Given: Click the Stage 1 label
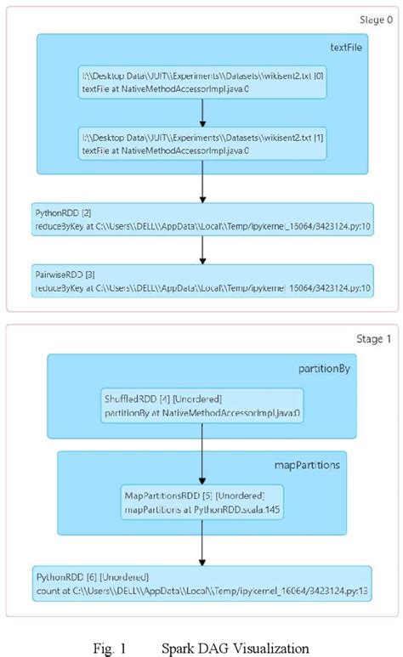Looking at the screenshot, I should click(x=373, y=339).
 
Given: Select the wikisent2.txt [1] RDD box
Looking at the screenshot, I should click(x=202, y=143).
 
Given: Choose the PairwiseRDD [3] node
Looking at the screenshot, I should click(x=202, y=281).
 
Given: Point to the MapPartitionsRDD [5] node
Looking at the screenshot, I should click(x=201, y=502).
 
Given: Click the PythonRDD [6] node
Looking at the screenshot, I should click(x=202, y=582).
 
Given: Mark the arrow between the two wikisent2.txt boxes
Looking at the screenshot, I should click(x=202, y=113).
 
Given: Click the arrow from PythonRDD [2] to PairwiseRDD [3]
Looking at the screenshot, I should click(x=202, y=250).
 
